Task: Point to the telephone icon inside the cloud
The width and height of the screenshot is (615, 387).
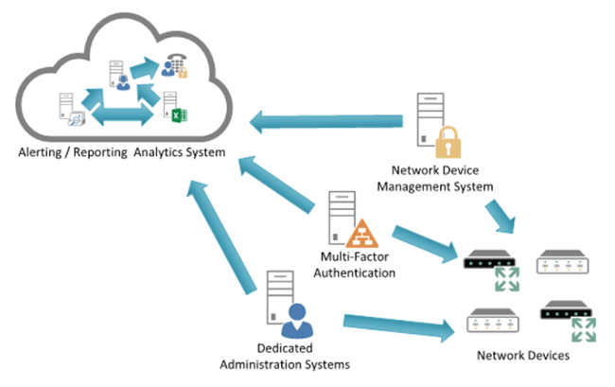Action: pos(173,63)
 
